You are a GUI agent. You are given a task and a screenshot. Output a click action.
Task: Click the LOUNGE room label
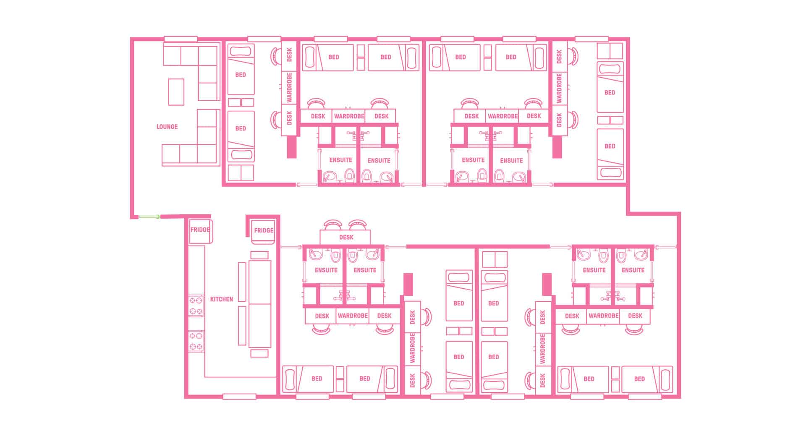pyautogui.click(x=167, y=127)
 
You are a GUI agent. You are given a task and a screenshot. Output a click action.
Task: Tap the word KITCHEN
pyautogui.click(x=221, y=299)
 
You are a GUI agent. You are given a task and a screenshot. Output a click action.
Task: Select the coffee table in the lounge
pyautogui.click(x=176, y=92)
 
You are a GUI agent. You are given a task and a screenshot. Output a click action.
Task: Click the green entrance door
pyautogui.click(x=149, y=217)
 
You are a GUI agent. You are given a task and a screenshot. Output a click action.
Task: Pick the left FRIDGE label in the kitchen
pyautogui.click(x=200, y=230)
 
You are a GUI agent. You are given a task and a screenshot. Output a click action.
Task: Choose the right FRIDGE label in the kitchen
pyautogui.click(x=264, y=230)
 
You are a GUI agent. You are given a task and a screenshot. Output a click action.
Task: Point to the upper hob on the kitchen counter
pyautogui.click(x=196, y=305)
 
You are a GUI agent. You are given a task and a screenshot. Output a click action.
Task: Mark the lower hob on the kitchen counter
pyautogui.click(x=196, y=341)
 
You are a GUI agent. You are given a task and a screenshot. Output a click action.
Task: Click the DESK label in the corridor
pyautogui.click(x=346, y=237)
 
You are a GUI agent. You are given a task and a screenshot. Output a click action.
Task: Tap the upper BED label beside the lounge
pyautogui.click(x=241, y=75)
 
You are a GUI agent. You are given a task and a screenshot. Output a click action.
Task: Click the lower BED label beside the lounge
pyautogui.click(x=241, y=128)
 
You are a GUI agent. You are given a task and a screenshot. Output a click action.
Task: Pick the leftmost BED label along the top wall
pyautogui.click(x=334, y=57)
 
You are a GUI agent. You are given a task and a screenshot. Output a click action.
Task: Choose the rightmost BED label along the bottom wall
pyautogui.click(x=639, y=379)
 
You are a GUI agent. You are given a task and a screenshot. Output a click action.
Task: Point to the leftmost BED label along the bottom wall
pyautogui.click(x=317, y=378)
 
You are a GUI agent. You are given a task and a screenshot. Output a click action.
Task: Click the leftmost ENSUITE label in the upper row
pyautogui.click(x=340, y=160)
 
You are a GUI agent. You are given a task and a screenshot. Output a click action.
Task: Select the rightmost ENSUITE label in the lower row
pyautogui.click(x=633, y=270)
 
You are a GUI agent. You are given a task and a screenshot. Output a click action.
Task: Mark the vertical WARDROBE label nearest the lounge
pyautogui.click(x=289, y=88)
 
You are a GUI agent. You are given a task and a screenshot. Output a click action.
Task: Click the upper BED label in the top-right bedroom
pyautogui.click(x=610, y=92)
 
